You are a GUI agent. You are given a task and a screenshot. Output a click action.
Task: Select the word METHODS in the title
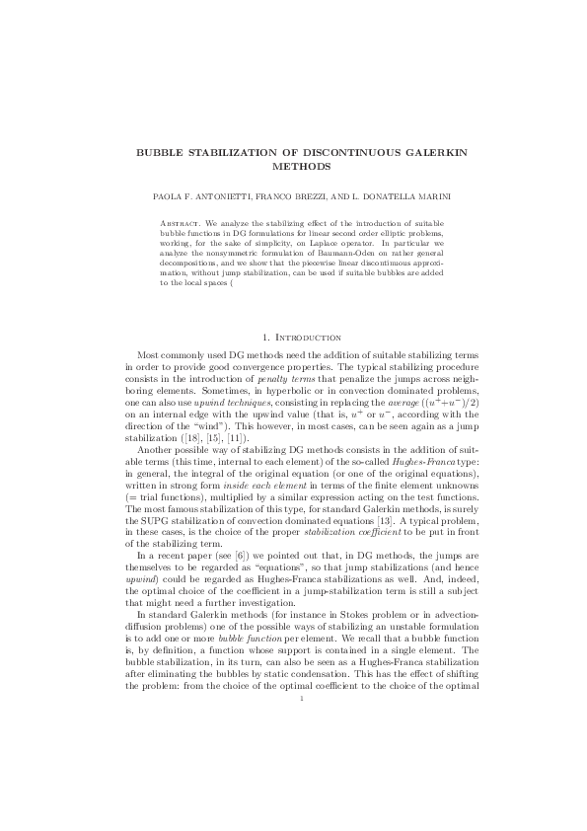293,167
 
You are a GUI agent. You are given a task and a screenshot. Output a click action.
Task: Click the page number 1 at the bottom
293,699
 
